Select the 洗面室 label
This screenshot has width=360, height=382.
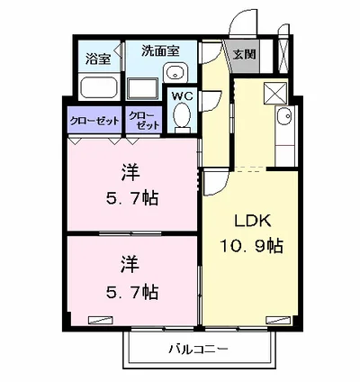(157, 51)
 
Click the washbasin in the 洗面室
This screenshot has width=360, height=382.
(177, 74)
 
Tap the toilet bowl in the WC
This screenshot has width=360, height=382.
(183, 115)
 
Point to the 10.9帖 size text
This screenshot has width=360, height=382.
(253, 245)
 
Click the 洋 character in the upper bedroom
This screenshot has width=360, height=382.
(130, 172)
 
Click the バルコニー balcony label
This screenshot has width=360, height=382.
(197, 349)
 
